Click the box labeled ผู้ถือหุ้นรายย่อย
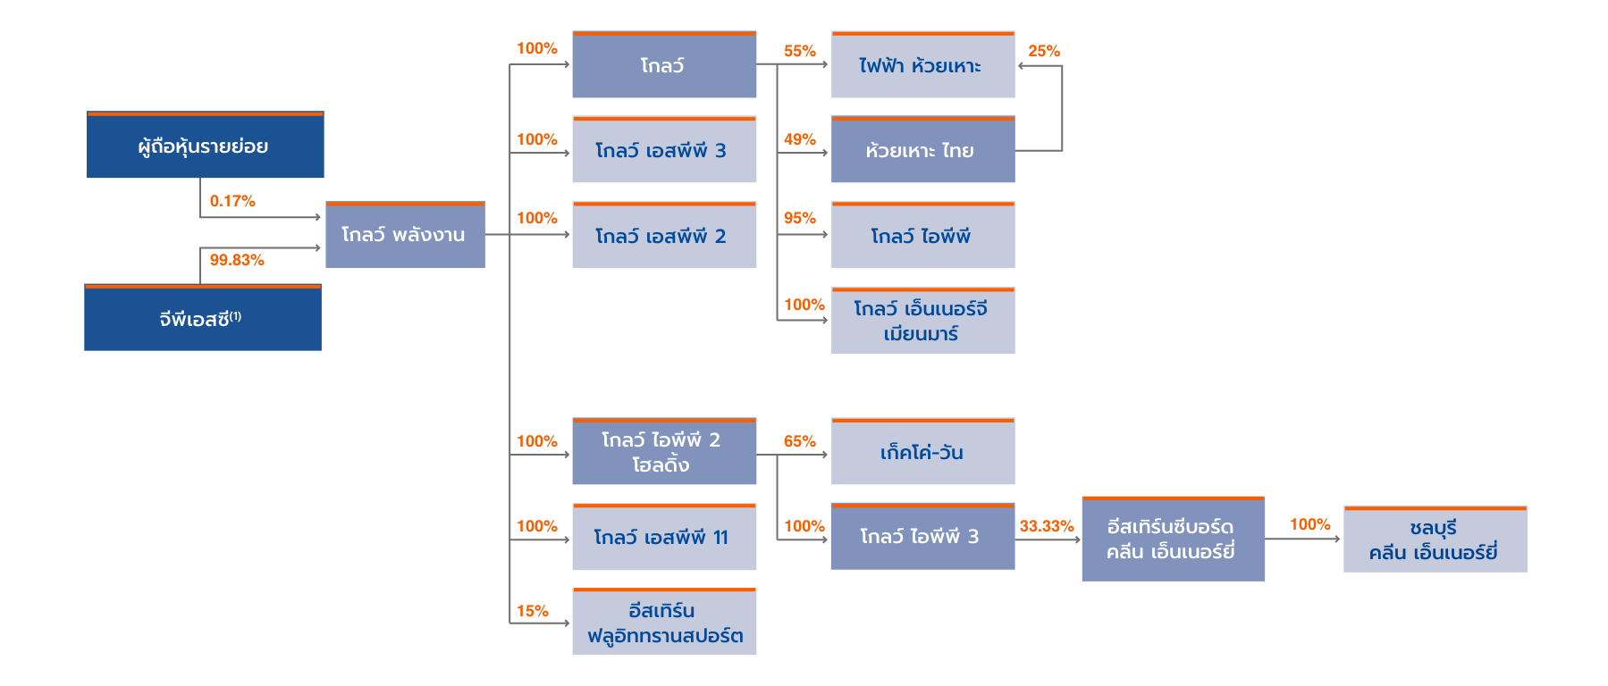[x=205, y=146]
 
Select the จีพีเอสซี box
[x=202, y=318]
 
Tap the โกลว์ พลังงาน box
[x=404, y=235]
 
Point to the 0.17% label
[x=232, y=201]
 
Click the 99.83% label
[x=237, y=260]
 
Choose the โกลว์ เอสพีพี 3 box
[x=663, y=150]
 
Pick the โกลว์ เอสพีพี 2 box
[x=663, y=236]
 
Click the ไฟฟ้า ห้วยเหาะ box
[x=922, y=65]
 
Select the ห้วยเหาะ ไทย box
[x=922, y=150]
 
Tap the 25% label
[x=1043, y=51]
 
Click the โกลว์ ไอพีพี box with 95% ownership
[x=922, y=236]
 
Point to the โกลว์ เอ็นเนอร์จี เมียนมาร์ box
[x=922, y=321]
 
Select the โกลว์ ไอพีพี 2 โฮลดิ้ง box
[x=663, y=452]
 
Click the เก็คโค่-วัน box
[x=922, y=452]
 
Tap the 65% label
[x=799, y=441]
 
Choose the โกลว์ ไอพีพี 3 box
[x=922, y=537]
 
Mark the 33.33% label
[x=1046, y=526]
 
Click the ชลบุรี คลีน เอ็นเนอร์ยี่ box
[x=1435, y=540]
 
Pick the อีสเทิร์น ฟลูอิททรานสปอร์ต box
[x=663, y=623]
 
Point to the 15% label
[x=532, y=611]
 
